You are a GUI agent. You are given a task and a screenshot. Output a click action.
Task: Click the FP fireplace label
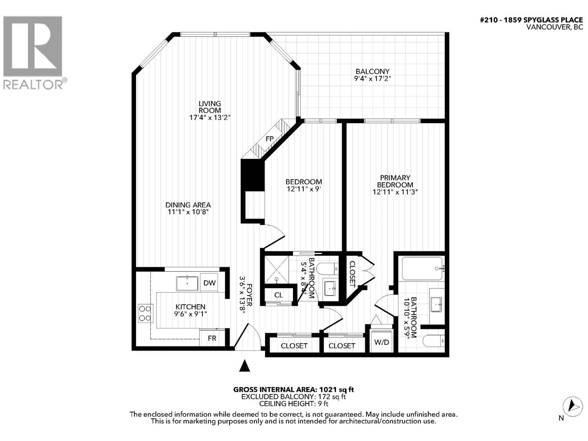tap(269, 139)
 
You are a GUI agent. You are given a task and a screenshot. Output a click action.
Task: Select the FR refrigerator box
tap(212, 338)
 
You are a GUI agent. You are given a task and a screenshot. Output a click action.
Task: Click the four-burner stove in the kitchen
tap(145, 313)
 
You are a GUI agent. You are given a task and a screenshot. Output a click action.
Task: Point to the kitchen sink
tap(187, 283)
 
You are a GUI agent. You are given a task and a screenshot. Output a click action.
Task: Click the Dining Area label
tap(188, 205)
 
